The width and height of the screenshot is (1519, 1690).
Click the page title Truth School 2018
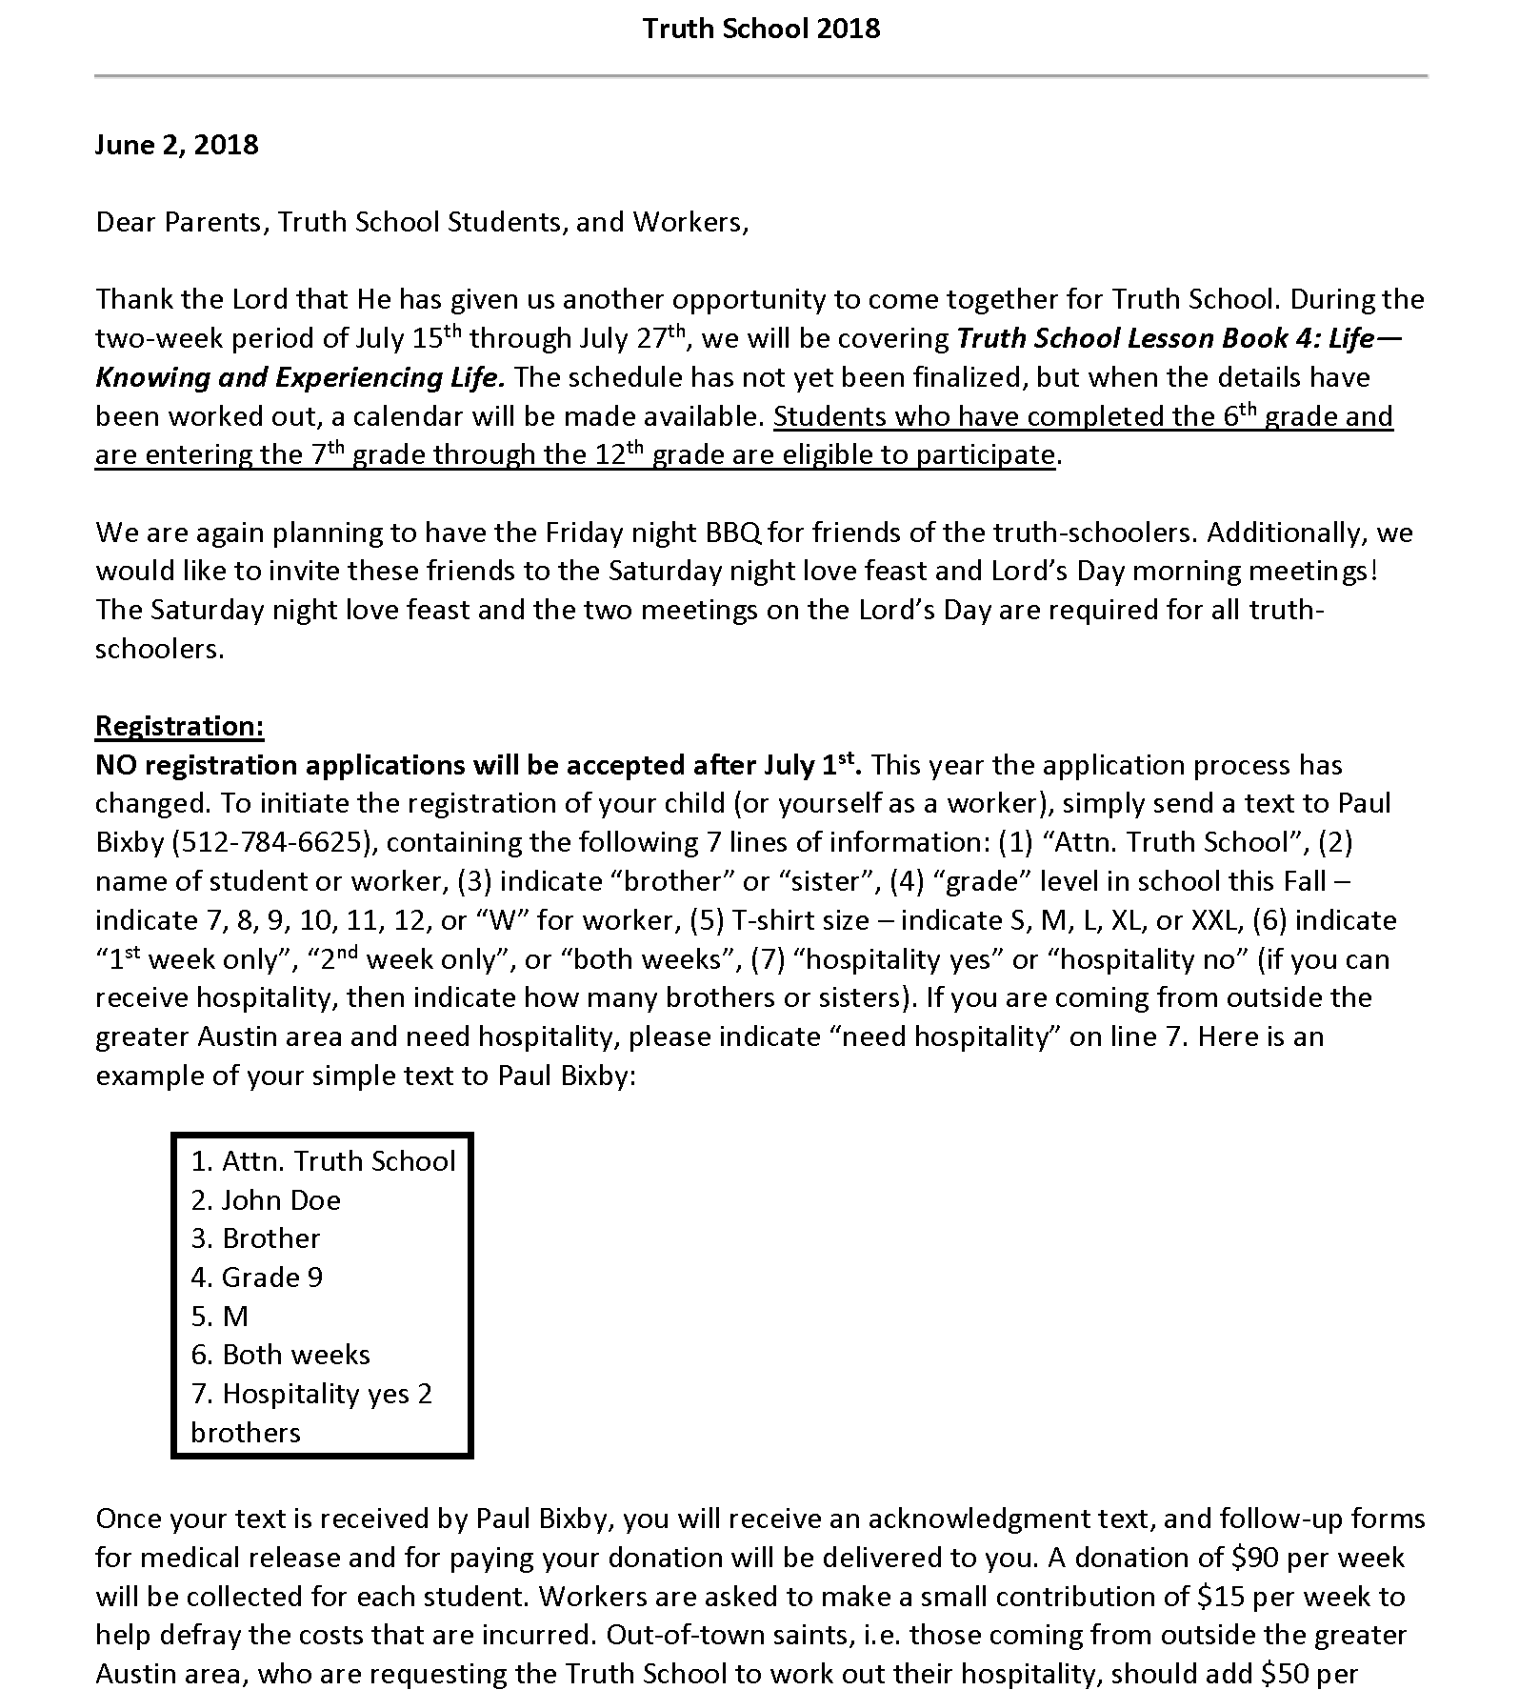tap(761, 29)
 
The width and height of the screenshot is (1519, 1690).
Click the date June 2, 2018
tap(177, 145)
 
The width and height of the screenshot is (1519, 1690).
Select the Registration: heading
tap(180, 726)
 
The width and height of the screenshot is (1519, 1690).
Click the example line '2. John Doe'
tap(266, 1199)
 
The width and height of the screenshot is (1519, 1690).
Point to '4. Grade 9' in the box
tap(257, 1277)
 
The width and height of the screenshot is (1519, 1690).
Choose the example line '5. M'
tap(220, 1316)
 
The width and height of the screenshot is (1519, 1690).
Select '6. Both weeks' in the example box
tap(280, 1355)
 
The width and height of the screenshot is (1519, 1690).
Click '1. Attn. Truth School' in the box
tap(323, 1160)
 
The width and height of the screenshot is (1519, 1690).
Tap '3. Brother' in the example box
tap(255, 1237)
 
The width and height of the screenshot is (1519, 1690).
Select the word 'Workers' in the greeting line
tap(687, 222)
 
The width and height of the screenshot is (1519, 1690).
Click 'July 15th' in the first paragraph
tap(409, 338)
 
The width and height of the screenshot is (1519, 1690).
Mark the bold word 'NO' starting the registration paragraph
tap(116, 765)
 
